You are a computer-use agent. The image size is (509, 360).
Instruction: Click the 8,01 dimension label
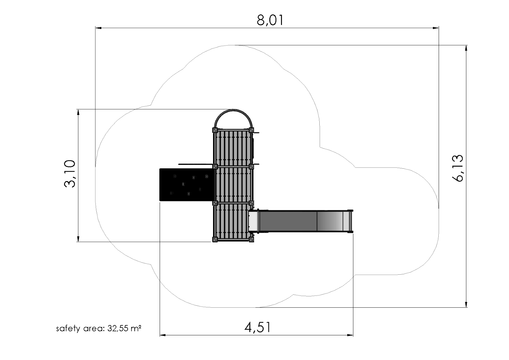click(270, 20)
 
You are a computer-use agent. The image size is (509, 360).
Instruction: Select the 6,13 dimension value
click(457, 168)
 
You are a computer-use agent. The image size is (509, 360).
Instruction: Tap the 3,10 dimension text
click(70, 174)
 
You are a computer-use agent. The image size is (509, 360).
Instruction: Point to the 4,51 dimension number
click(257, 327)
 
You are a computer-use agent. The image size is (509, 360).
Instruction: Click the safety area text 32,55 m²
click(124, 328)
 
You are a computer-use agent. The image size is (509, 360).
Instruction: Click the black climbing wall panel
click(187, 185)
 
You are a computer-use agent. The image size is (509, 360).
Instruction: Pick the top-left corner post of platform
click(215, 130)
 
